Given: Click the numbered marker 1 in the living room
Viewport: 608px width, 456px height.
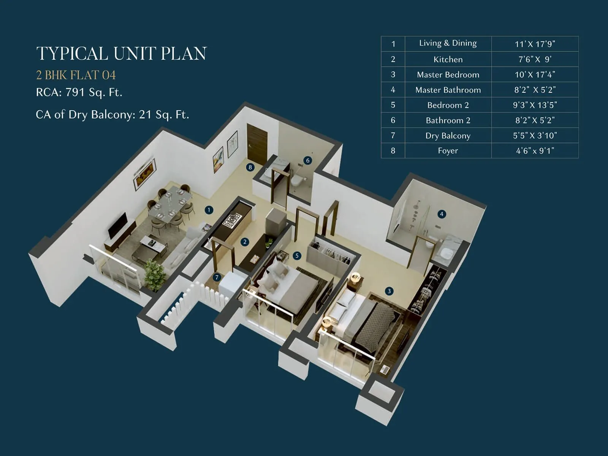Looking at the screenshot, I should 208,210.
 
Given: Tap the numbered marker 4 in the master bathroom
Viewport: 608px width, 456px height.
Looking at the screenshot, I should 442,214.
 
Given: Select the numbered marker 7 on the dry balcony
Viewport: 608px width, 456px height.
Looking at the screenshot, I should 217,277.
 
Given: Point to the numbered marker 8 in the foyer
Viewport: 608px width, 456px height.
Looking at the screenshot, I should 250,167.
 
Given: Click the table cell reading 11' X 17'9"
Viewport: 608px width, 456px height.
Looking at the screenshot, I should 535,44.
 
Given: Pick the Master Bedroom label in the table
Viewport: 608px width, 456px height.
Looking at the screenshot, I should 448,74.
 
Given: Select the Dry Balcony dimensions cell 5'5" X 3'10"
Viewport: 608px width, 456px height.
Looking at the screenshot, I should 535,135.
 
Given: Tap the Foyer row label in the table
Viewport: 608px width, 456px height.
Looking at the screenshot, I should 448,150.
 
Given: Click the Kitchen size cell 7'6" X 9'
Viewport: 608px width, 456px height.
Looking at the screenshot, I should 535,59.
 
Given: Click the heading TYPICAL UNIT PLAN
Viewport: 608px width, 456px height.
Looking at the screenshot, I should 121,53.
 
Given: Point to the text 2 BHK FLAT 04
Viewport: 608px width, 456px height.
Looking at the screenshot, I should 76,75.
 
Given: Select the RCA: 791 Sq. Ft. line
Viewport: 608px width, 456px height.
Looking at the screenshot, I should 79,92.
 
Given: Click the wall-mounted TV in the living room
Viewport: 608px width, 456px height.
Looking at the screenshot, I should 118,225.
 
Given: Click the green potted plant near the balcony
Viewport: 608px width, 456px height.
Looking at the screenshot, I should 155,274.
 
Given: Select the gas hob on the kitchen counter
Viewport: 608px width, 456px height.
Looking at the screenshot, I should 232,220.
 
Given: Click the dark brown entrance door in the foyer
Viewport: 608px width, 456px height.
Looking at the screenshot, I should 257,144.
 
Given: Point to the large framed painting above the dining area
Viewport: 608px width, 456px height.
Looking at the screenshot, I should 144,174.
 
